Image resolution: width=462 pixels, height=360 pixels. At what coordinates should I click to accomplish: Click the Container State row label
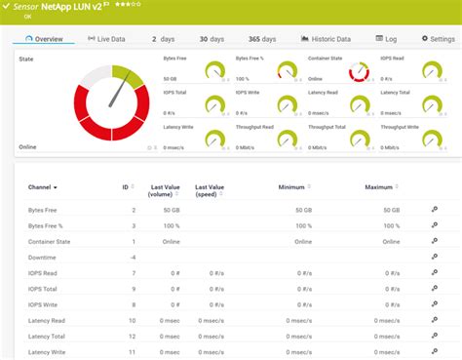pyautogui.click(x=57, y=241)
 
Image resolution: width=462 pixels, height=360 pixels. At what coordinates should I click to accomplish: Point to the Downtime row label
pyautogui.click(x=46, y=257)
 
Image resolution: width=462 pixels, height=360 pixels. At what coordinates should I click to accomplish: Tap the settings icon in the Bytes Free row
pyautogui.click(x=434, y=209)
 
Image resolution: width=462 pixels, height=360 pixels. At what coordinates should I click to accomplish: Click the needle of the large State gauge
pyautogui.click(x=122, y=92)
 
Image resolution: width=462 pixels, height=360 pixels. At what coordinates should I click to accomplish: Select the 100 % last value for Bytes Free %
pyautogui.click(x=171, y=224)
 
